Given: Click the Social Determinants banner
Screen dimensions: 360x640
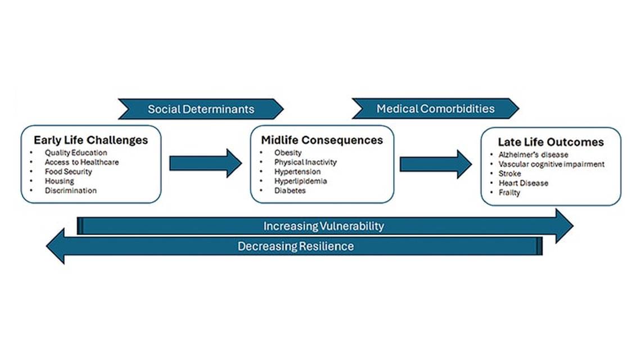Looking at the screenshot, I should click(201, 109).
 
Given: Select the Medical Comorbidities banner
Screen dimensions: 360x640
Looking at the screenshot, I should click(435, 109).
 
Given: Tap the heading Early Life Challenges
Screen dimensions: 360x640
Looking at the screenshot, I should click(91, 140).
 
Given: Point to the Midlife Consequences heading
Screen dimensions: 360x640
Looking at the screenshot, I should click(322, 140).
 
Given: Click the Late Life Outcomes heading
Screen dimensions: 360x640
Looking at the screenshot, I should click(551, 142).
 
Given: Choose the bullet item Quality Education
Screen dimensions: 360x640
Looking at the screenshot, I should click(76, 152).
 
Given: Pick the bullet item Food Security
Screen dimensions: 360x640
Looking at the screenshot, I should click(69, 172).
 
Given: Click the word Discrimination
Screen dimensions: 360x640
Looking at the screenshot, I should click(71, 191).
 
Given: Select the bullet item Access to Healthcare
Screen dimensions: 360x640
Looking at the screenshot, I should click(82, 162).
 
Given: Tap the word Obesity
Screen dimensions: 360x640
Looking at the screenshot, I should click(288, 152).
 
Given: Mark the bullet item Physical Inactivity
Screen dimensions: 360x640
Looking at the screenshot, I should click(305, 162).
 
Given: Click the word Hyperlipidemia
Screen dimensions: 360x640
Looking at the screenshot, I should click(300, 181).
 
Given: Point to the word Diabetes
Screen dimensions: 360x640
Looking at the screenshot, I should click(290, 191).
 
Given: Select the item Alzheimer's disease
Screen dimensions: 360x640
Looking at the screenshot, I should click(533, 155).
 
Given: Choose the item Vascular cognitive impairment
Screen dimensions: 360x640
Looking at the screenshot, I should click(551, 164).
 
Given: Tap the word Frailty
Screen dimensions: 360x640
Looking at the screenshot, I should click(510, 192).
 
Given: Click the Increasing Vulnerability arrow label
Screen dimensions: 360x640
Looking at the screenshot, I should click(323, 226).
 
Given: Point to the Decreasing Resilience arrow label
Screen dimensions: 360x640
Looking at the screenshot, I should click(295, 246).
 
